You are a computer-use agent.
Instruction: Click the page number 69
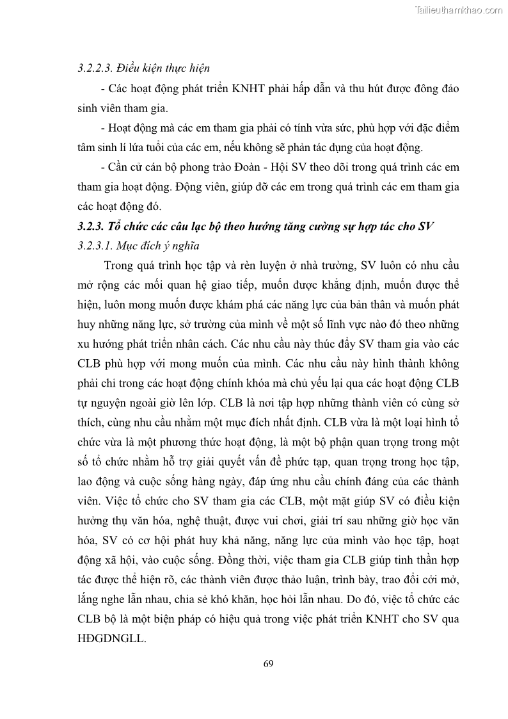(268, 663)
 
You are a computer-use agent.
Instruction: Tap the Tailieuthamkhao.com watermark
(459, 10)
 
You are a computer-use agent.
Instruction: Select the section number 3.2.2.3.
(95, 68)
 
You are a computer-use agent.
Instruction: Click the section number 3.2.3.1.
(95, 245)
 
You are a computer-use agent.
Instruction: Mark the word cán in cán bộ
(147, 167)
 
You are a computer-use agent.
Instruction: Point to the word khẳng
(345, 284)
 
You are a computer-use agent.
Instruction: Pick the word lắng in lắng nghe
(90, 601)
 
